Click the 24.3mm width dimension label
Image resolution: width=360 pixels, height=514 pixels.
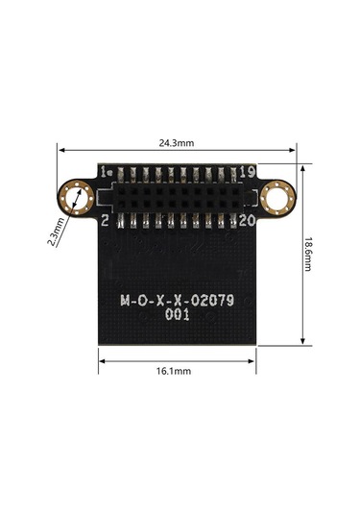coord(177,143)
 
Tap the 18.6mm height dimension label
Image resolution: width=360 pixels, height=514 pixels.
coord(307,255)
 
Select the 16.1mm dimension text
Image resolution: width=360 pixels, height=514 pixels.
coord(174,371)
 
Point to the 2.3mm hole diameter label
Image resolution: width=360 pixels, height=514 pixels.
coord(56,232)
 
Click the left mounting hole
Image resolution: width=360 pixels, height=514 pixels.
coord(76,198)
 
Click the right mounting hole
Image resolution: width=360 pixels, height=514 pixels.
coord(277,198)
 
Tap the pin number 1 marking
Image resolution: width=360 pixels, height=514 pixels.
coord(104,171)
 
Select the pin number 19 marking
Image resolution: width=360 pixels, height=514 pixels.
coord(248,171)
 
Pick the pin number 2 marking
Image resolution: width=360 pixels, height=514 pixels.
coord(105,221)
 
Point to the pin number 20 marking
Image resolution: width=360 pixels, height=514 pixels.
coord(248,221)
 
